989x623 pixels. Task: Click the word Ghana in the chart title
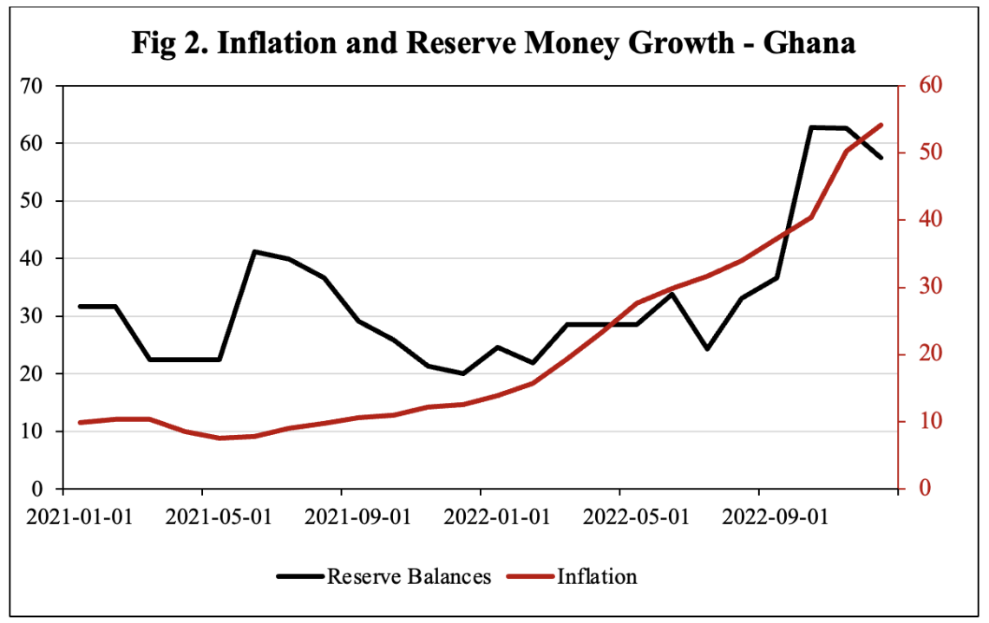(809, 42)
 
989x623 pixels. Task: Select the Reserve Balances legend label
(409, 576)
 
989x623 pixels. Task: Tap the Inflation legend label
(597, 576)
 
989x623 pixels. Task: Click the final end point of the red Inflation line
(881, 125)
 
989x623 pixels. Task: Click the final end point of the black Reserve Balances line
(881, 158)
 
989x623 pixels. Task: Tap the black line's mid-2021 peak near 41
(254, 251)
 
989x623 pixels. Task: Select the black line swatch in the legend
(300, 576)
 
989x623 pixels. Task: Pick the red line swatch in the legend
(531, 576)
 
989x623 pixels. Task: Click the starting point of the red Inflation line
(80, 422)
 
